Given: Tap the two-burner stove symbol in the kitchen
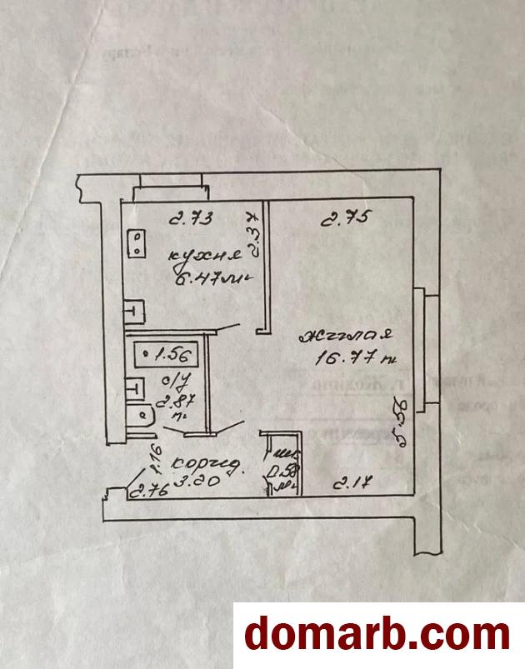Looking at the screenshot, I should click(135, 244).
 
